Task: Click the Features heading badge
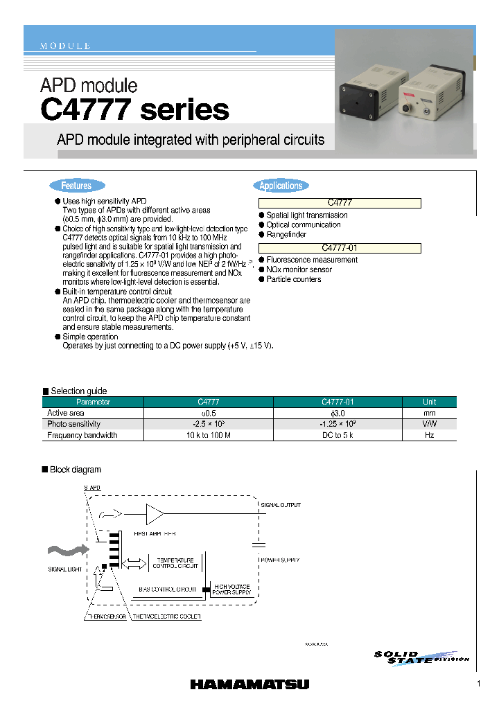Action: pyautogui.click(x=76, y=186)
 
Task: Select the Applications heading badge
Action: pyautogui.click(x=281, y=186)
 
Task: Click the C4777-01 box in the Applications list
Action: pyautogui.click(x=340, y=248)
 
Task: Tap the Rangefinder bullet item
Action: pyautogui.click(x=286, y=235)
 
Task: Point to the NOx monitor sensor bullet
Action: pyautogui.click(x=299, y=269)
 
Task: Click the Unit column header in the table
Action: pyautogui.click(x=429, y=402)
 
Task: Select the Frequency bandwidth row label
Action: pyautogui.click(x=82, y=435)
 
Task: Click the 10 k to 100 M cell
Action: pyautogui.click(x=208, y=435)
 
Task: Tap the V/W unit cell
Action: pyautogui.click(x=429, y=424)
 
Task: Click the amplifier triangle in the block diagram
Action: pyautogui.click(x=155, y=515)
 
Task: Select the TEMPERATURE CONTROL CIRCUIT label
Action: pyautogui.click(x=175, y=562)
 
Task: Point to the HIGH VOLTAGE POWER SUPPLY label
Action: pyautogui.click(x=231, y=589)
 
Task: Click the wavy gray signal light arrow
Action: pyautogui.click(x=67, y=549)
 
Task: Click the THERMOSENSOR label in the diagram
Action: pyautogui.click(x=106, y=616)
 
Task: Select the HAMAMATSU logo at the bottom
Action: pyautogui.click(x=249, y=684)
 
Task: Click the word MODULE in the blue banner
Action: pyautogui.click(x=65, y=46)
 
